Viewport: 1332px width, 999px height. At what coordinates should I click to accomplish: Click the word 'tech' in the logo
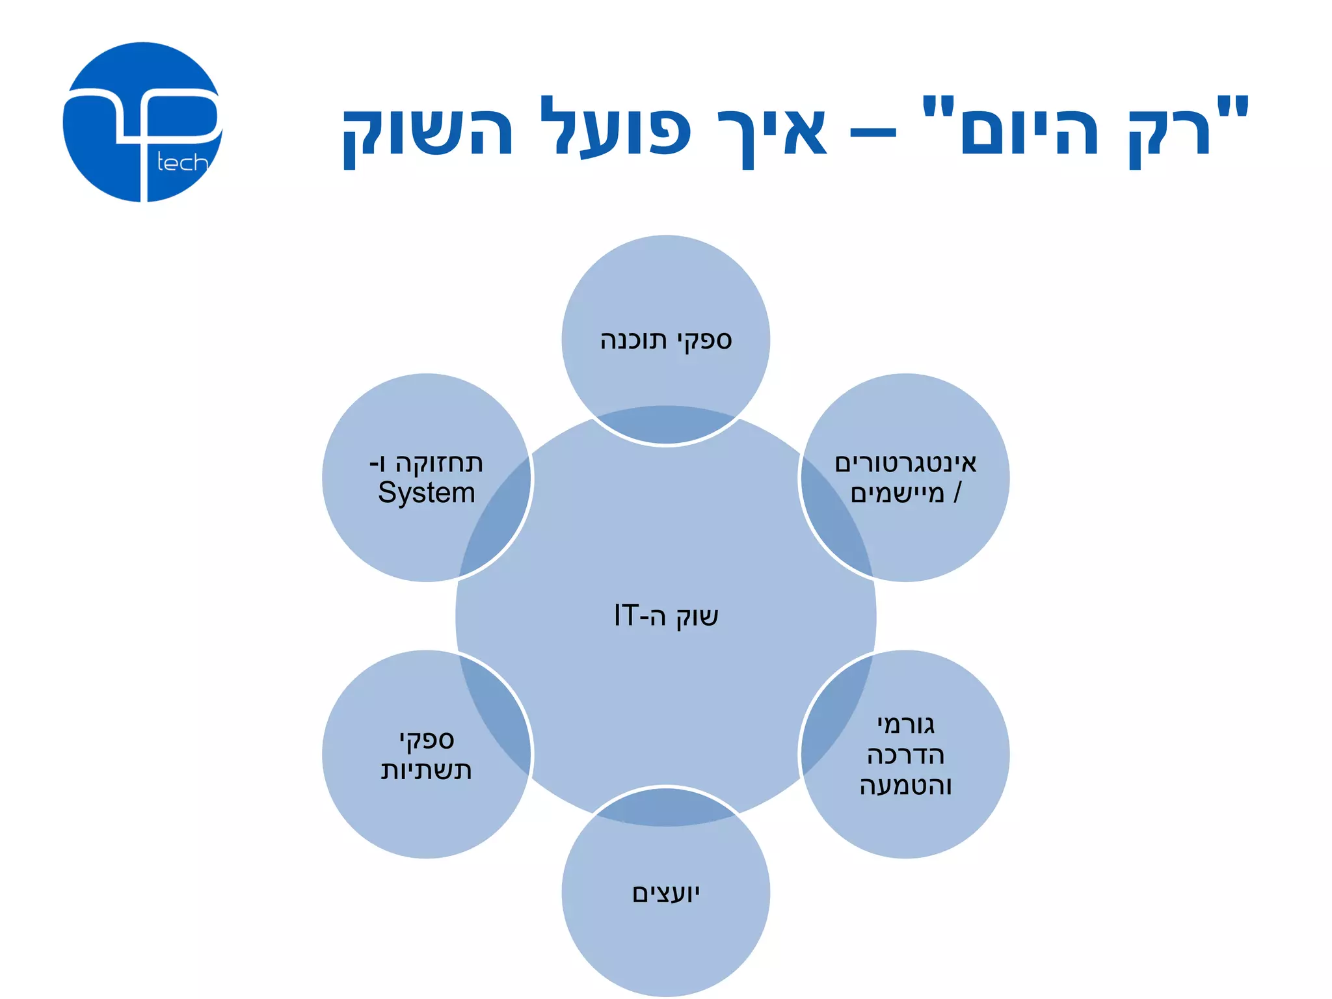(182, 163)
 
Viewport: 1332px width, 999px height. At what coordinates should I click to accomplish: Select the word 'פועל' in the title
(615, 127)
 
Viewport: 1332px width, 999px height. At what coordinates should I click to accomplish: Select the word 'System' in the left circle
(427, 493)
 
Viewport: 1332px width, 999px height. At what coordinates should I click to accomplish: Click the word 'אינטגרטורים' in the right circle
(905, 463)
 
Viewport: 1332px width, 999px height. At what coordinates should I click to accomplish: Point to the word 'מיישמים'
(897, 494)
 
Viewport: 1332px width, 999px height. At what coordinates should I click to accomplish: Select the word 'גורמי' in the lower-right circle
(905, 724)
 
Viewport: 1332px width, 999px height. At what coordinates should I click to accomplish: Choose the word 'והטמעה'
(905, 785)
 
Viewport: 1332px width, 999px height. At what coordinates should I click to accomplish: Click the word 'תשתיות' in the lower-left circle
(426, 770)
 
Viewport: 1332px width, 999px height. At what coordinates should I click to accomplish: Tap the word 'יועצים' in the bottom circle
(666, 894)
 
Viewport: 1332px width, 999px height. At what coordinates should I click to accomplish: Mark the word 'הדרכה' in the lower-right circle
(905, 755)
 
